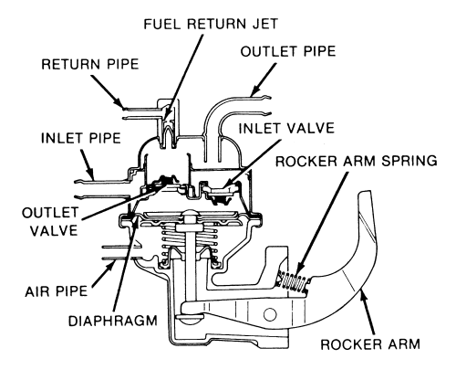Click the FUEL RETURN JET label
coord(211,24)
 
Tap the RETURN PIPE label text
coord(90,64)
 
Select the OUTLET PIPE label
coord(288,51)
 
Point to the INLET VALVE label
coord(286,128)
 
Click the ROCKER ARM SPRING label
coord(357,161)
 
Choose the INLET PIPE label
coord(81,138)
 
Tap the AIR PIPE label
coord(57,291)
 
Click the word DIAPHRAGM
coord(113,321)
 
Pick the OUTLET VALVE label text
coord(50,222)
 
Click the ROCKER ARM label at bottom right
coord(370,344)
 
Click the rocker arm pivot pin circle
coord(270,314)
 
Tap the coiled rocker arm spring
coord(294,283)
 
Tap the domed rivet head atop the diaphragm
coord(189,213)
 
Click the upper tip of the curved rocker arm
coord(365,192)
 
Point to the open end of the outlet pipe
coord(269,106)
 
